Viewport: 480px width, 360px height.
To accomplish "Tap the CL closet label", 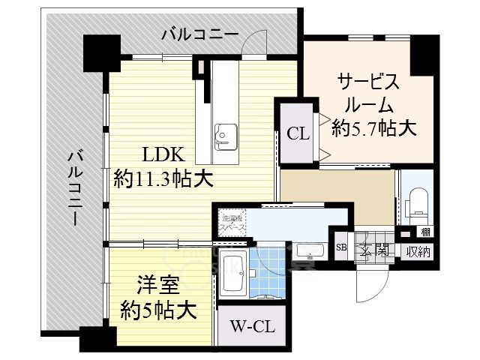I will point(298,134).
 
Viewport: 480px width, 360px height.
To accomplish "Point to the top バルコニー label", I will point(199,34).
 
